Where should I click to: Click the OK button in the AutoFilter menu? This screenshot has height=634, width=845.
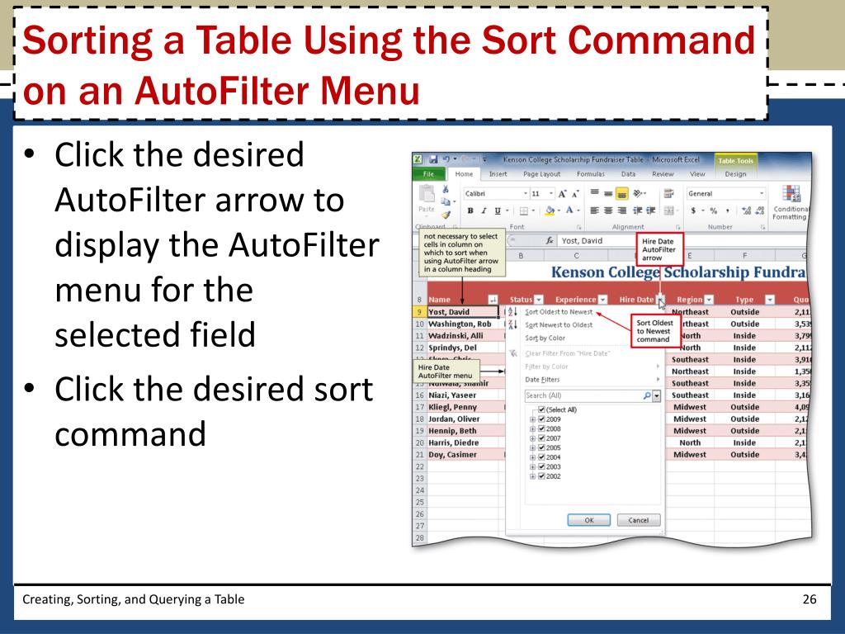pyautogui.click(x=589, y=520)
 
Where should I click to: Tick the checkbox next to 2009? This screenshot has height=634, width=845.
pyautogui.click(x=541, y=419)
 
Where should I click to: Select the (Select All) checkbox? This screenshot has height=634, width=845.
pyautogui.click(x=541, y=409)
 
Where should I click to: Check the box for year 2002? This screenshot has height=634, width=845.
pyautogui.click(x=541, y=476)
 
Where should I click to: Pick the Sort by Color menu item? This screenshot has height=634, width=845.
pyautogui.click(x=545, y=338)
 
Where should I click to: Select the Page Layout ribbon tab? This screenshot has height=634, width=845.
pyautogui.click(x=541, y=174)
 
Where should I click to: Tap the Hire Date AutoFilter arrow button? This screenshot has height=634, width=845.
pyautogui.click(x=661, y=299)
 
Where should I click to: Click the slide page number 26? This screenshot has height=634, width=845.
pyautogui.click(x=809, y=599)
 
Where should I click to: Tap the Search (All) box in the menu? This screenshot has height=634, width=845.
pyautogui.click(x=586, y=395)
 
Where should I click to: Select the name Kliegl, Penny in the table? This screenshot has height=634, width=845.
pyautogui.click(x=452, y=407)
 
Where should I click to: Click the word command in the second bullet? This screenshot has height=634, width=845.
pyautogui.click(x=130, y=434)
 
